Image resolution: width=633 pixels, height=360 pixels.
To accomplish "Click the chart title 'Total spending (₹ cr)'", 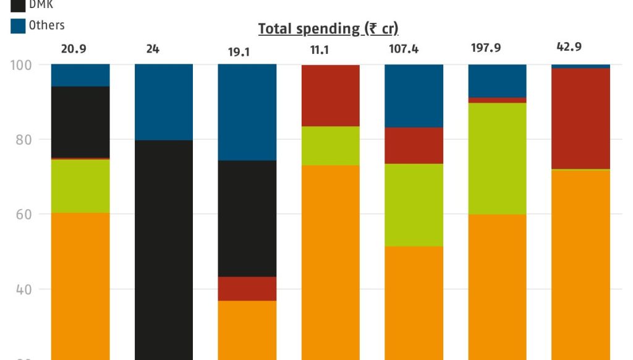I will click(x=328, y=28).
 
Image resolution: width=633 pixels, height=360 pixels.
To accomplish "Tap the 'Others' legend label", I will click(x=46, y=25).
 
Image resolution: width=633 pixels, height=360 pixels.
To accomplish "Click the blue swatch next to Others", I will click(x=19, y=26).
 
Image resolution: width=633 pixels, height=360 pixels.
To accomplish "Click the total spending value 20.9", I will click(x=74, y=49).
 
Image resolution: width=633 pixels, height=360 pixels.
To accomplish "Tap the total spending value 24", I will click(x=153, y=49).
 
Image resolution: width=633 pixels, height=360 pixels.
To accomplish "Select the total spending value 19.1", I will click(x=239, y=52).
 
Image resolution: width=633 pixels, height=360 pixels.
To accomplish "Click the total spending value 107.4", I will click(x=404, y=49).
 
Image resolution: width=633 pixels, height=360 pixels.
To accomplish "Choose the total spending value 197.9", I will click(x=486, y=48).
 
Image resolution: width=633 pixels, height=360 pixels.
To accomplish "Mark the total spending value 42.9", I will click(x=569, y=47).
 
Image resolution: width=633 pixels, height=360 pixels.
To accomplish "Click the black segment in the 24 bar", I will click(x=164, y=247).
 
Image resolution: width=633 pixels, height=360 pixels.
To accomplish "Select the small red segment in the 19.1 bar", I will click(x=247, y=288).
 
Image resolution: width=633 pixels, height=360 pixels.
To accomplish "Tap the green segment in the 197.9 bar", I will click(x=498, y=158).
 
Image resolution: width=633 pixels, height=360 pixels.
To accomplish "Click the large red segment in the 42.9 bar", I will click(x=581, y=118).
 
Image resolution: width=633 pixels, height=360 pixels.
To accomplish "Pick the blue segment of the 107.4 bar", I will click(x=414, y=95).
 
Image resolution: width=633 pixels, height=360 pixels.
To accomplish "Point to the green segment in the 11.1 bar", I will click(x=331, y=145).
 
